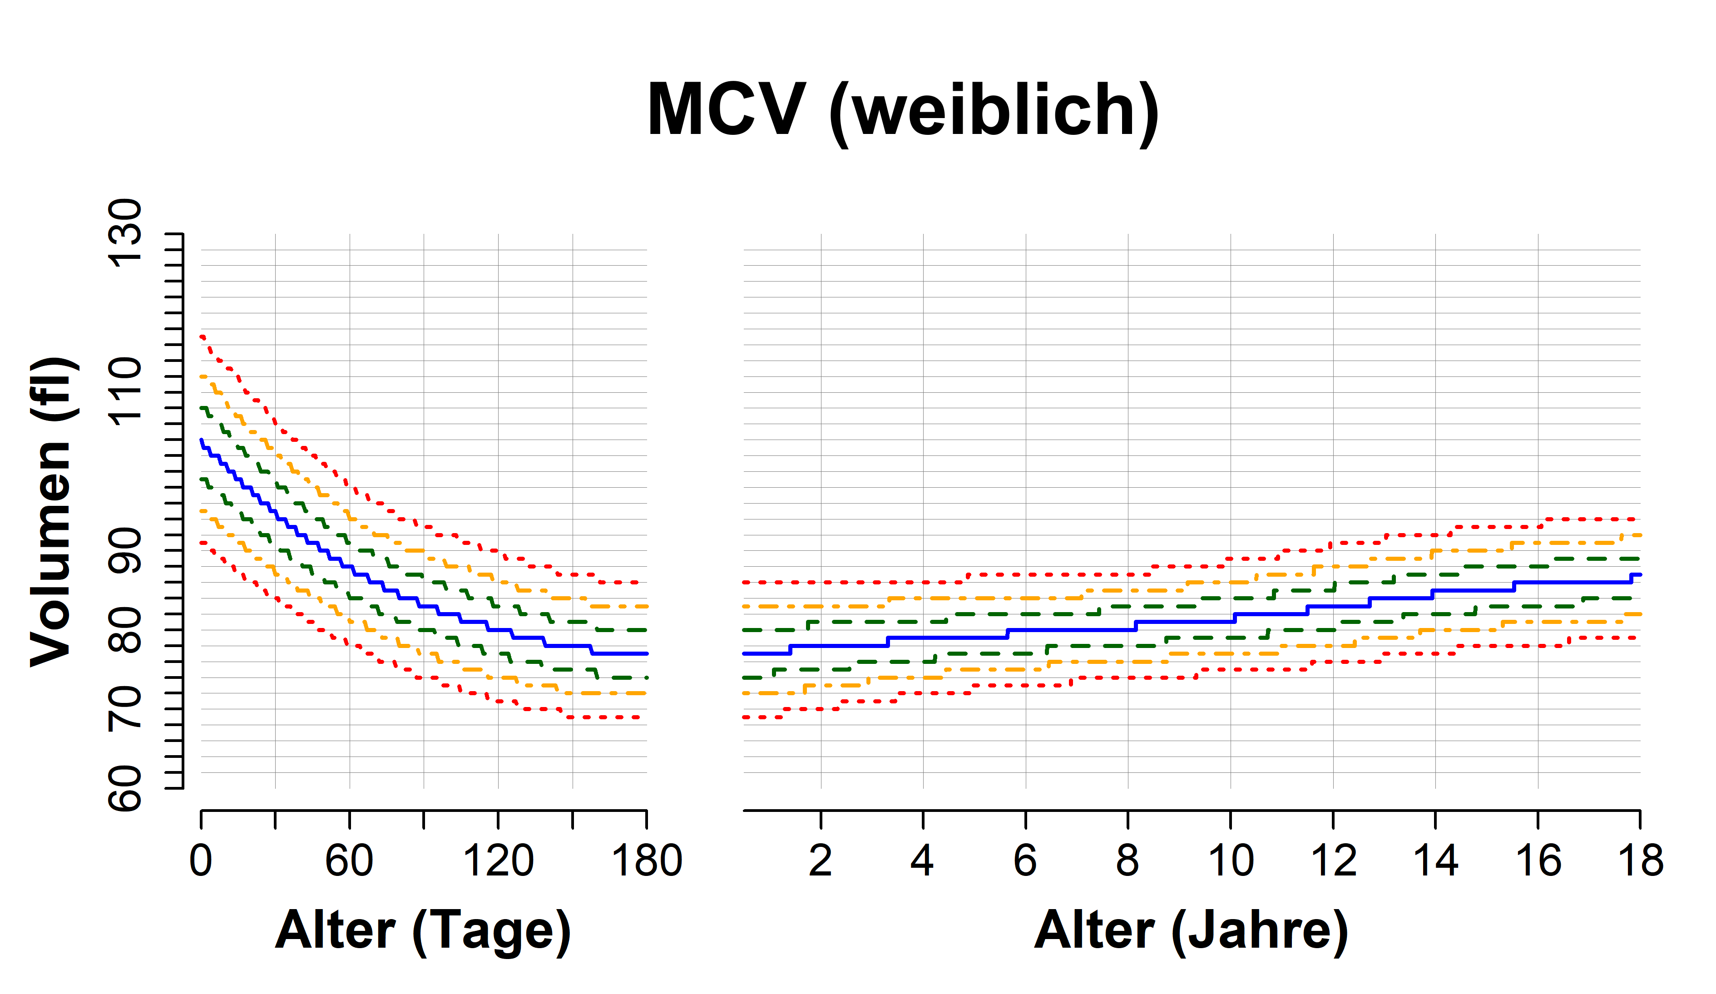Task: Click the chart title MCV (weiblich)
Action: [x=903, y=110]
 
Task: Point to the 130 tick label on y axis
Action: [x=125, y=233]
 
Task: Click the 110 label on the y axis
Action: [x=125, y=391]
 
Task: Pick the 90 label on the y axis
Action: [x=125, y=550]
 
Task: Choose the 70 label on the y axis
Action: [x=125, y=709]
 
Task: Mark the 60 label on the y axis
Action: [x=125, y=788]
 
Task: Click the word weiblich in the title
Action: [x=994, y=110]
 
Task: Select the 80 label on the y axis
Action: [x=125, y=630]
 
